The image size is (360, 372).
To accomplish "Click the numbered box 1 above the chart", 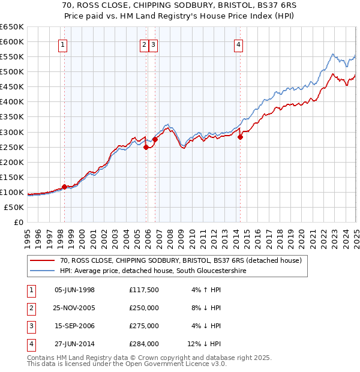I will click(62, 44).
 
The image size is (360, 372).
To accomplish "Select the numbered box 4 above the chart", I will click(239, 44).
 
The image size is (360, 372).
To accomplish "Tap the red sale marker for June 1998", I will click(64, 187).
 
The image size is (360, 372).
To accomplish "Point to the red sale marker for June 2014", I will click(240, 137).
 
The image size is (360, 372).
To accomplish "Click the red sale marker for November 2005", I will click(146, 147).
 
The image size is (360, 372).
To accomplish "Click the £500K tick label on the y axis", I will click(11, 72).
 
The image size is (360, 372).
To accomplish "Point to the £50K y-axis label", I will click(14, 208).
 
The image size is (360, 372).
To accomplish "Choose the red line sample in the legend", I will click(42, 260).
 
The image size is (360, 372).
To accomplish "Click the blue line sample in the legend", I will click(42, 271).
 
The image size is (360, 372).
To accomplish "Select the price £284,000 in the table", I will click(143, 344).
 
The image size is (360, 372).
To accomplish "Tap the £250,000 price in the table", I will click(143, 308).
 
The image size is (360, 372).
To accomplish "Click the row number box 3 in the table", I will click(29, 326).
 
